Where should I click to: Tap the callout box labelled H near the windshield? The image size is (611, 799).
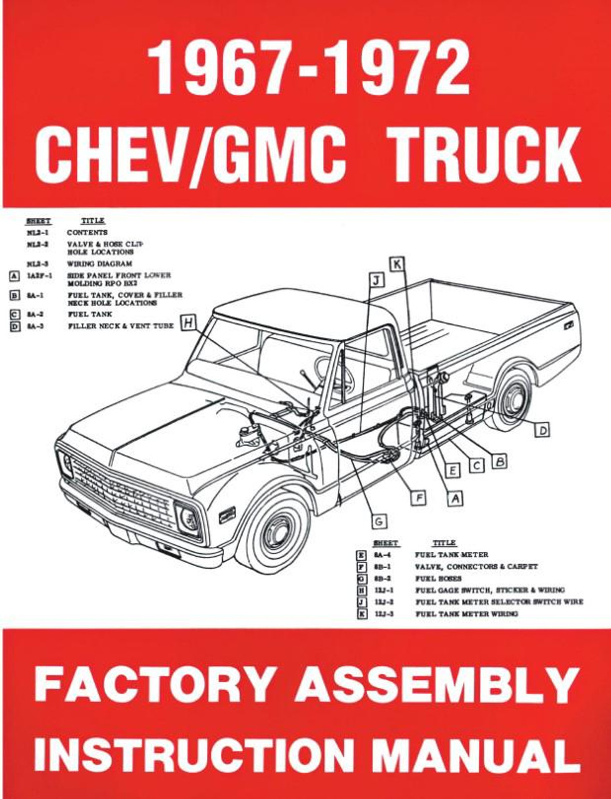click(x=188, y=323)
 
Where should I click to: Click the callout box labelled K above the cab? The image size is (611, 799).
click(x=397, y=264)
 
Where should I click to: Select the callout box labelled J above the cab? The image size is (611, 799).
click(x=376, y=281)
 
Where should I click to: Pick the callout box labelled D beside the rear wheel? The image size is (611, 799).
click(x=543, y=430)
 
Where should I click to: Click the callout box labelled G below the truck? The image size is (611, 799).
click(x=378, y=521)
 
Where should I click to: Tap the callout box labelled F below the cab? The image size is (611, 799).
click(x=419, y=498)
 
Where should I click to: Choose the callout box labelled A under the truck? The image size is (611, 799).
click(x=456, y=498)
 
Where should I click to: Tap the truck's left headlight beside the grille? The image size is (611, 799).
click(x=188, y=517)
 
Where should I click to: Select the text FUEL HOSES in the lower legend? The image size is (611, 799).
click(x=439, y=579)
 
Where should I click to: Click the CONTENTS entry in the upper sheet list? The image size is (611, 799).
click(x=87, y=232)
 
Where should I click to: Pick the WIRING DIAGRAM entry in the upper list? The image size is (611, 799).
click(x=99, y=264)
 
